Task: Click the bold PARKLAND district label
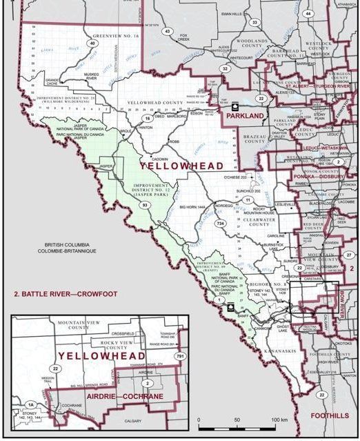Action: tap(246, 117)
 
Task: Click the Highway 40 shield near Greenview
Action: tap(92, 43)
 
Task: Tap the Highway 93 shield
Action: tap(146, 206)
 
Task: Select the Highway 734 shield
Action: tap(221, 224)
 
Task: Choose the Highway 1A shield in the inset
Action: tap(30, 404)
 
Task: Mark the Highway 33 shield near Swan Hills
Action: tap(254, 23)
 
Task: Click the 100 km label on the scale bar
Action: tap(279, 420)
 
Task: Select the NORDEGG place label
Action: tap(223, 205)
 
